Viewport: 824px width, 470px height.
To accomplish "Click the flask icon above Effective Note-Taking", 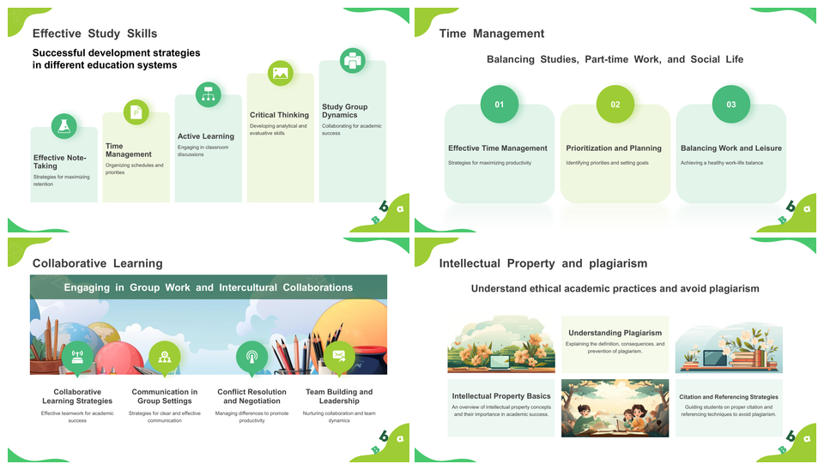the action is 64,126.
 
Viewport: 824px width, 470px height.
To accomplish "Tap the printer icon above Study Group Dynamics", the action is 353,60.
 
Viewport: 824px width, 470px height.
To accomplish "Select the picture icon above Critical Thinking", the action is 281,73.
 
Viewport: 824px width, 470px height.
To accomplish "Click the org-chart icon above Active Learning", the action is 208,94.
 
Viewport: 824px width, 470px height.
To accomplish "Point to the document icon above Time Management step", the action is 136,111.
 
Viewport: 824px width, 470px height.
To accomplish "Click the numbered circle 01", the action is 500,104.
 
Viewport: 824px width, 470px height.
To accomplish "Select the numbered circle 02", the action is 615,104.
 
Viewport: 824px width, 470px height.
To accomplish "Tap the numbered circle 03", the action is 731,104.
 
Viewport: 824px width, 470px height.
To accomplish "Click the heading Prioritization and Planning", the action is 614,148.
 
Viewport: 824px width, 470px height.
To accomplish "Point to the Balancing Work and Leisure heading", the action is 731,148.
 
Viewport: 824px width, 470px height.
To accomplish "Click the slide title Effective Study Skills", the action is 95,33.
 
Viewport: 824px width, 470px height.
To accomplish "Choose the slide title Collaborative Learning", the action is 98,263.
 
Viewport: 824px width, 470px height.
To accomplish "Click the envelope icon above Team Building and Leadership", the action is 339,357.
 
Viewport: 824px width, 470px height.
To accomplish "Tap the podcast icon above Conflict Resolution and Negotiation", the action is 251,357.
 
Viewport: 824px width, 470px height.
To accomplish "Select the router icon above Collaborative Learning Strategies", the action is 77,357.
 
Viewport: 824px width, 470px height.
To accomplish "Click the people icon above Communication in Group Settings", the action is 165,357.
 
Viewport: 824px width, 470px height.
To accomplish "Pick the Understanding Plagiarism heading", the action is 615,333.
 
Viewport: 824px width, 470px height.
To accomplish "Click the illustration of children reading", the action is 615,408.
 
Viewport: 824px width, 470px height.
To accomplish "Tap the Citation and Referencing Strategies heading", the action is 729,397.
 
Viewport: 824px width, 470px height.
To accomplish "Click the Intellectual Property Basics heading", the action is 501,396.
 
